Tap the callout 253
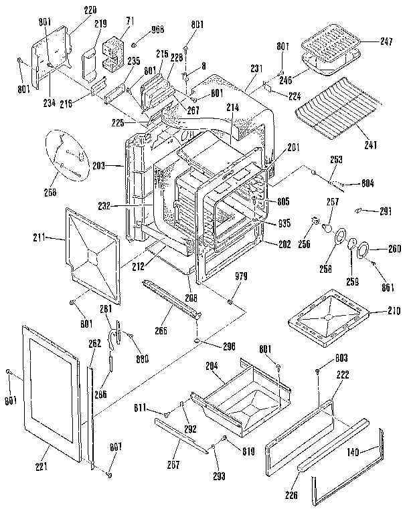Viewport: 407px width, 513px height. click(x=337, y=161)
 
